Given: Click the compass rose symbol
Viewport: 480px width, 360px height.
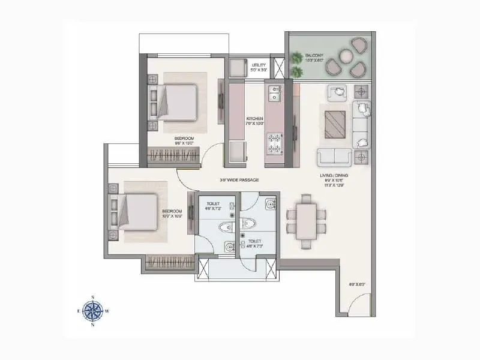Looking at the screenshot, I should (x=93, y=310).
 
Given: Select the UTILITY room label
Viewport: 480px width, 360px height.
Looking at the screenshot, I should (x=259, y=67).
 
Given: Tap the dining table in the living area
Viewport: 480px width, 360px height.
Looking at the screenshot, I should (x=306, y=220).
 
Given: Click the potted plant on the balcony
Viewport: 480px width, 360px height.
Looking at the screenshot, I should (x=297, y=59).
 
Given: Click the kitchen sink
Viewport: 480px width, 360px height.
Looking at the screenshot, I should (x=275, y=94).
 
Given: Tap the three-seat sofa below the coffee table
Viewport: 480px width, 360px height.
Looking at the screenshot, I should (x=335, y=157).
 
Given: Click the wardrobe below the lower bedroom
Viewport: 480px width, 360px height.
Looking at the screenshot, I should (x=170, y=262).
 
